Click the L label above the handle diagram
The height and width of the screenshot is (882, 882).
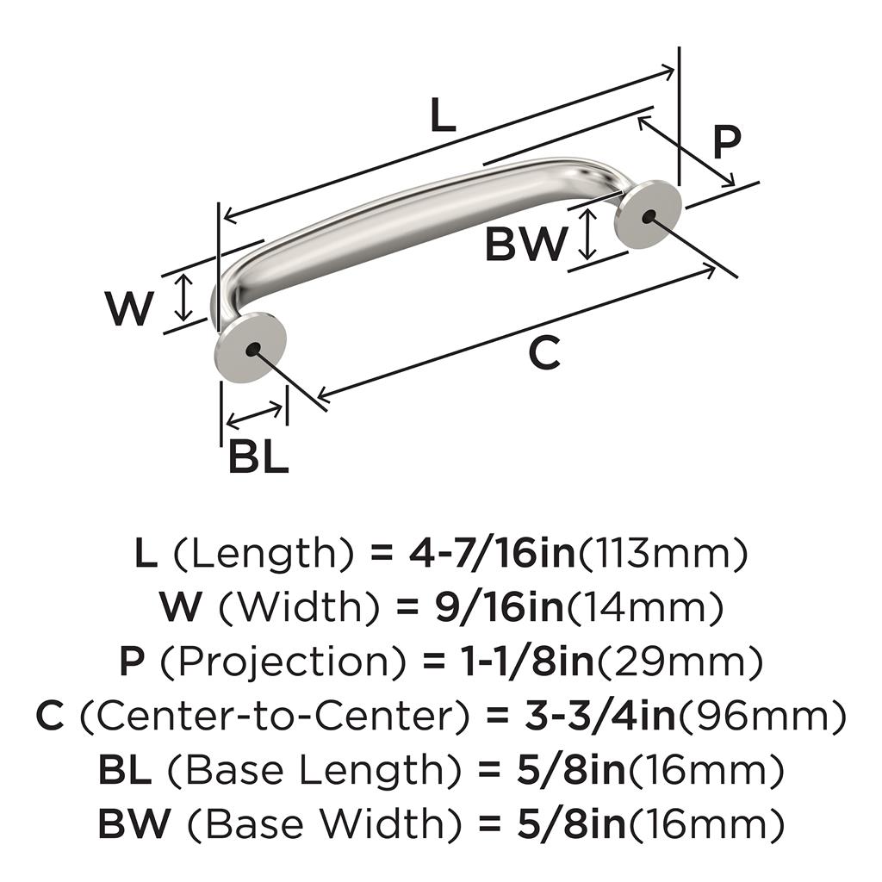442,116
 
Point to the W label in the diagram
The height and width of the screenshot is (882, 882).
129,309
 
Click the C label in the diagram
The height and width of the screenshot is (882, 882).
544,353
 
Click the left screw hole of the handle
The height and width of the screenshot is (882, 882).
252,350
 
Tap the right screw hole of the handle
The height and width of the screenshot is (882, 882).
649,215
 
